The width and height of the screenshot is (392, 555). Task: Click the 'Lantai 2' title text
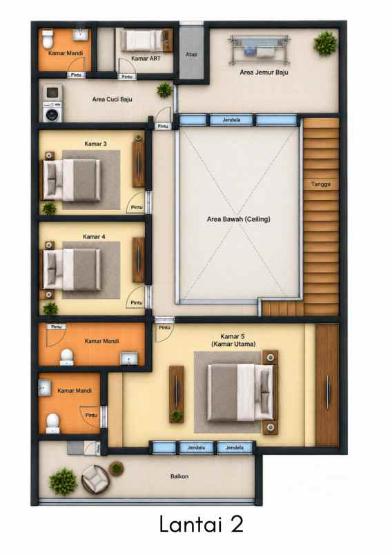click(202, 524)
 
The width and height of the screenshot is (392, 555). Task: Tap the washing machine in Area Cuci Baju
click(52, 112)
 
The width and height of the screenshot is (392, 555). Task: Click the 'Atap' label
click(191, 54)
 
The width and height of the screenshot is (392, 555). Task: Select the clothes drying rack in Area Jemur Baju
click(259, 50)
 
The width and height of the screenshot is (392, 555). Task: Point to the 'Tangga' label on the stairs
click(321, 184)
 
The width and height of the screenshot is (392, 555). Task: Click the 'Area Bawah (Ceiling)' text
click(239, 219)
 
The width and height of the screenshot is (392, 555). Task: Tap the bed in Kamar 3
click(72, 179)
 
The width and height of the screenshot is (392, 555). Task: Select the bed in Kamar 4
click(72, 270)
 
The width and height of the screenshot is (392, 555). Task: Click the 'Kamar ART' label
click(146, 59)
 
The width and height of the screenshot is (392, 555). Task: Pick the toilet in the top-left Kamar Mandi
click(48, 39)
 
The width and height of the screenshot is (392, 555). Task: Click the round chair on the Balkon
click(95, 480)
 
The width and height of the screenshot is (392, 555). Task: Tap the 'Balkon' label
click(179, 476)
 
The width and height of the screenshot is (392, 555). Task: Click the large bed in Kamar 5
click(240, 393)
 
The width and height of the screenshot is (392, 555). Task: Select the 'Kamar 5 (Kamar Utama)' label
click(233, 340)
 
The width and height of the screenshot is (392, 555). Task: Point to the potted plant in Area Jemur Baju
click(325, 43)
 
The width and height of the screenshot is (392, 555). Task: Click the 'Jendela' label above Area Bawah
click(231, 120)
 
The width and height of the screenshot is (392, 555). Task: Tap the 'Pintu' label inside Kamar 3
click(137, 207)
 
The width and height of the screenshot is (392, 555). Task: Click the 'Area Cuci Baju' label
click(112, 99)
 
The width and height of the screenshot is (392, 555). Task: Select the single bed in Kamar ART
click(141, 40)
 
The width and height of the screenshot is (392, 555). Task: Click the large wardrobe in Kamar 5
click(327, 384)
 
